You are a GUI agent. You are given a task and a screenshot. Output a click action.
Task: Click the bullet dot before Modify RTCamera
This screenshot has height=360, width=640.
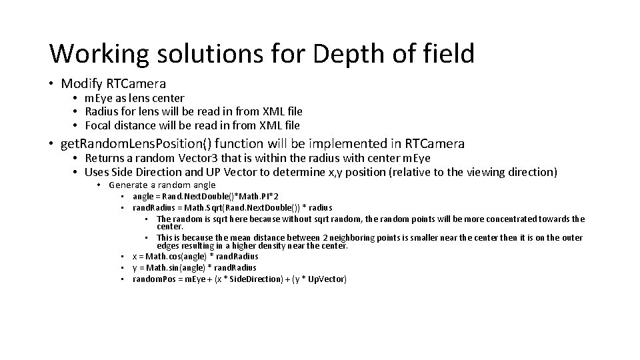point(51,84)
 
